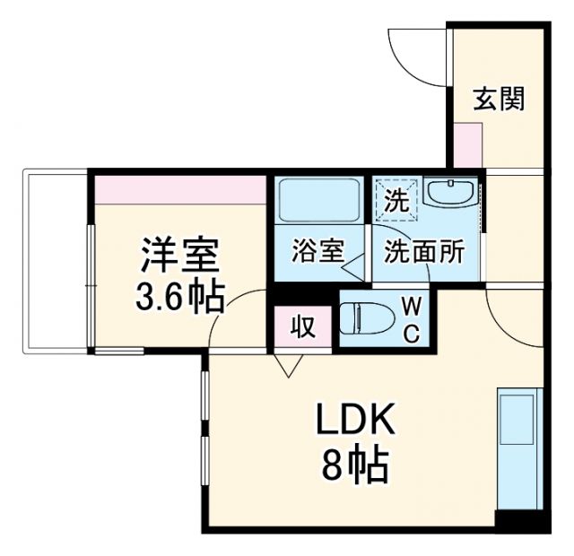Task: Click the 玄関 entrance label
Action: pyautogui.click(x=499, y=99)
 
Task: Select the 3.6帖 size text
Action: pyautogui.click(x=179, y=296)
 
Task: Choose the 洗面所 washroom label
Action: pyautogui.click(x=424, y=252)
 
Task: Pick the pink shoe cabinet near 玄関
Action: pyautogui.click(x=467, y=143)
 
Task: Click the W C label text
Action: pyautogui.click(x=412, y=319)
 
